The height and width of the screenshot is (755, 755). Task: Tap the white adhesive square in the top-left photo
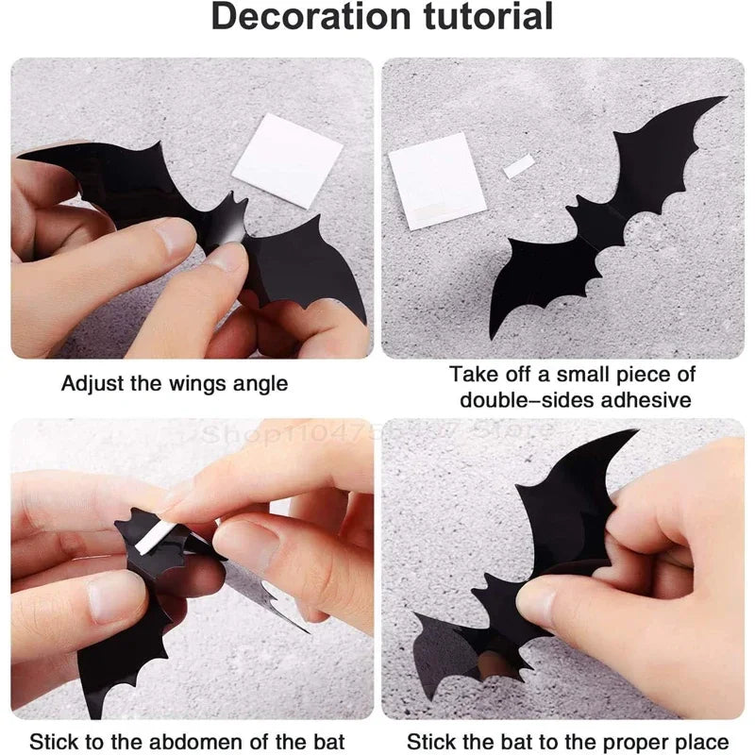pos(287,159)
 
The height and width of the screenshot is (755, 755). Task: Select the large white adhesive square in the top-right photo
pos(436,179)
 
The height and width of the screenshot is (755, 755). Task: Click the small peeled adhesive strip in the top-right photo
pos(519,167)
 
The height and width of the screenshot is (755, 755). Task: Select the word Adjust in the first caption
pos(90,384)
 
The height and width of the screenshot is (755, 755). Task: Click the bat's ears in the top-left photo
pos(230,202)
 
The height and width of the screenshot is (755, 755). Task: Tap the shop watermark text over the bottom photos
pos(377,432)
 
